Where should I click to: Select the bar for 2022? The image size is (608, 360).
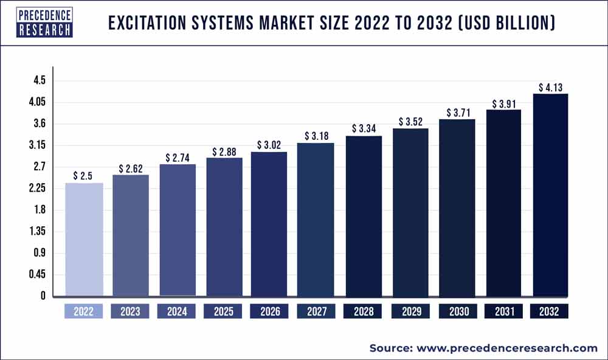(84, 240)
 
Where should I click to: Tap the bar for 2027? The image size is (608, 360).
(316, 220)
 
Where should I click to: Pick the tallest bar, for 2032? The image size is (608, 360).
(550, 195)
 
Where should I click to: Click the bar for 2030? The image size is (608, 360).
(457, 208)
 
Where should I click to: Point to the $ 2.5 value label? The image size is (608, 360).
(84, 176)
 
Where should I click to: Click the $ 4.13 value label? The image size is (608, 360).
(550, 88)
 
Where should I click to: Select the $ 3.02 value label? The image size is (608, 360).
(269, 145)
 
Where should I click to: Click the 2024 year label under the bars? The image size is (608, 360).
(176, 312)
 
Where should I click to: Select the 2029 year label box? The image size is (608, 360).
(410, 312)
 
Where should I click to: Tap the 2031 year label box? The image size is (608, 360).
(503, 312)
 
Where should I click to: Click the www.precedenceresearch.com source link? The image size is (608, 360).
(507, 348)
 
